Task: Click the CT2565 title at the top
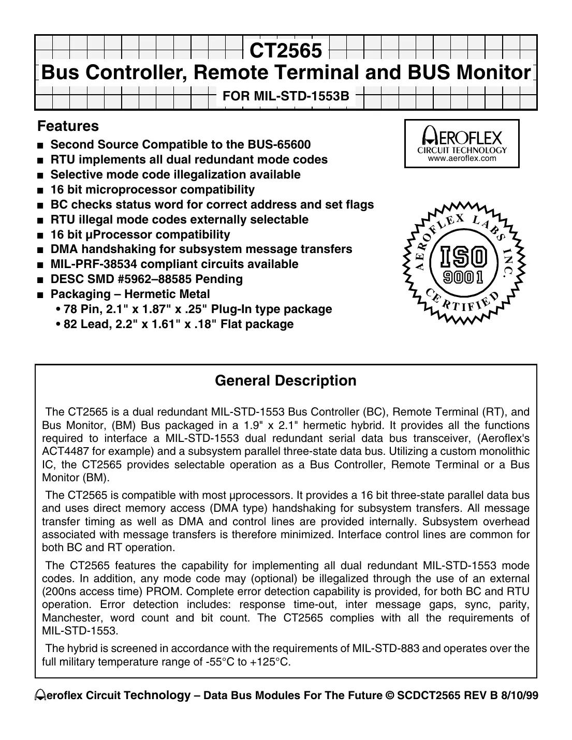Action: click(x=286, y=51)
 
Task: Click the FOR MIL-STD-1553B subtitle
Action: click(x=286, y=96)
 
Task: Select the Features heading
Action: click(x=68, y=126)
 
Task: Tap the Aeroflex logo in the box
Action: click(x=462, y=137)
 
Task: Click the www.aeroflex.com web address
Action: click(x=462, y=158)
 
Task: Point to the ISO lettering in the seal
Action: click(x=462, y=257)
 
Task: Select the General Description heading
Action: click(x=285, y=381)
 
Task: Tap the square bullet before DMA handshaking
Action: click(x=40, y=250)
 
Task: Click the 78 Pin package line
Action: click(x=193, y=309)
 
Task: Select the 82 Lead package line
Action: click(x=174, y=324)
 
